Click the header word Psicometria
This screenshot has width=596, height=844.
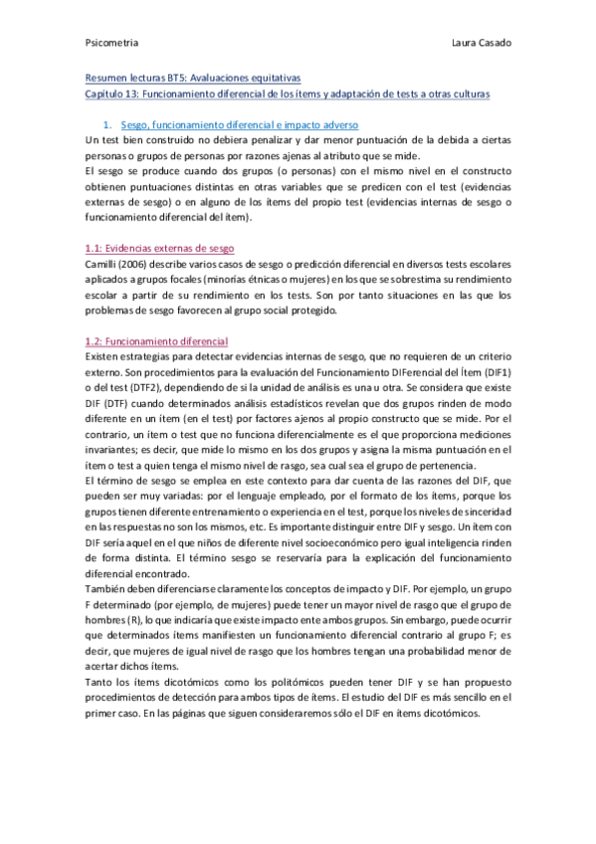tap(111, 45)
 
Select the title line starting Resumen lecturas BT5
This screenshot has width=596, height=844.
tap(193, 77)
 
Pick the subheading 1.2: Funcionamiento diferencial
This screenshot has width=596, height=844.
tap(157, 341)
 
